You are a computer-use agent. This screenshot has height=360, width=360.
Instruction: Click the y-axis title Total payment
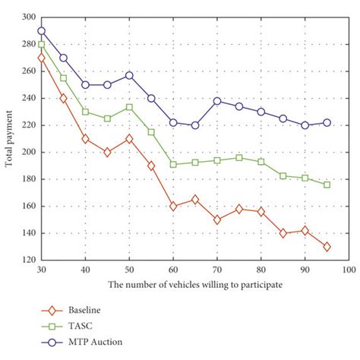(x=9, y=137)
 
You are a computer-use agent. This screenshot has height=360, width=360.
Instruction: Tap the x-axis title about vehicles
(x=194, y=285)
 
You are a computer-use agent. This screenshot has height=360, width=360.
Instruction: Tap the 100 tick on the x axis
(x=349, y=269)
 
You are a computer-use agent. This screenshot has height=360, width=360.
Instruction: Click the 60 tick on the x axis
(x=173, y=269)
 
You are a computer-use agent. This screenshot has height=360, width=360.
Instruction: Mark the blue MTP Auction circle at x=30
(x=41, y=31)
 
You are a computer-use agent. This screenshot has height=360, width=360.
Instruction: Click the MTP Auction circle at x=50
(x=129, y=75)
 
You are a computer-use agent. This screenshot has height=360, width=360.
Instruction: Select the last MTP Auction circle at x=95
(x=327, y=122)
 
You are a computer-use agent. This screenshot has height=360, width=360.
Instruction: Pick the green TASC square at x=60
(x=173, y=164)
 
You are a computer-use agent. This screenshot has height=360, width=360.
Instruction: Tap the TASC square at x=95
(x=327, y=185)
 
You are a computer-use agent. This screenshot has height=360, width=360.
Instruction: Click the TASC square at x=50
(x=129, y=107)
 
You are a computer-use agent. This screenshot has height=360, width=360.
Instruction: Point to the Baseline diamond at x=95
(x=327, y=246)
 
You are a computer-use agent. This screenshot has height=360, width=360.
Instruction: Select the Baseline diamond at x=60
(x=173, y=206)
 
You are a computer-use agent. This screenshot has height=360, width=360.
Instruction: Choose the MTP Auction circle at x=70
(x=217, y=101)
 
